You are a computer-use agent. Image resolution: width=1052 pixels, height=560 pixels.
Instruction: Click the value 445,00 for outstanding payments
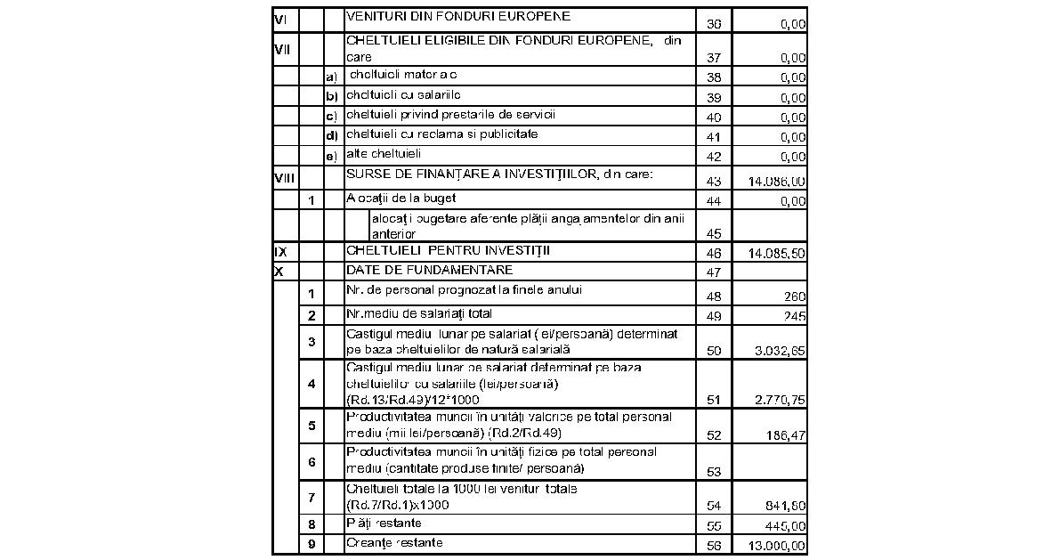tap(785, 525)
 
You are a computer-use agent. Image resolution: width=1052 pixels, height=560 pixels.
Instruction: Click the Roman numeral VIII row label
tap(284, 178)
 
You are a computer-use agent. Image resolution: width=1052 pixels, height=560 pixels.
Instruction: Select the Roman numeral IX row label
tap(280, 252)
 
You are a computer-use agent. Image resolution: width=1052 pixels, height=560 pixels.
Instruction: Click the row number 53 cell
tap(714, 471)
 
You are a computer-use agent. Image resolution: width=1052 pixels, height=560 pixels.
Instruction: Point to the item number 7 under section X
tap(312, 497)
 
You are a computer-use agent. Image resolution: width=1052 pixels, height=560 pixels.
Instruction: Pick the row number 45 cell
tap(714, 234)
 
